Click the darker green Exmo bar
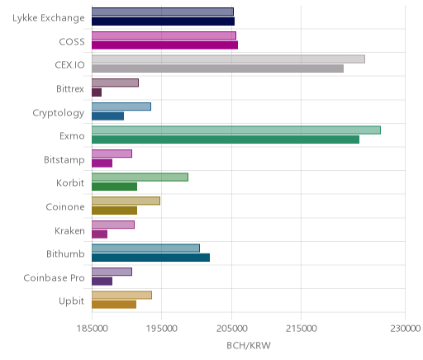pos(226,140)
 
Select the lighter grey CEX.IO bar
pos(229,59)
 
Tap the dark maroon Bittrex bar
pos(97,92)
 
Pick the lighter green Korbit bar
pos(140,177)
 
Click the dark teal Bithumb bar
pos(151,258)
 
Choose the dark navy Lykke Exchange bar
pos(164,21)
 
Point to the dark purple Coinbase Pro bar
pos(102,281)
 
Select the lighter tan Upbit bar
pos(122,295)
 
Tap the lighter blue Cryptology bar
pos(121,107)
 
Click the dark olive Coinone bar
pos(115,211)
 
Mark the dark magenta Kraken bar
pos(100,234)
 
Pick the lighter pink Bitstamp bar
pos(112,154)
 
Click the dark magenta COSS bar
pos(165,45)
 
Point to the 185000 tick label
pos(92,329)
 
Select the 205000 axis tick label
pos(231,329)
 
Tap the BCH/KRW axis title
pos(249,345)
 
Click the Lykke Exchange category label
pos(49,18)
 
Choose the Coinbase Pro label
pos(54,277)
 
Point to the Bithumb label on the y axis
pos(65,253)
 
